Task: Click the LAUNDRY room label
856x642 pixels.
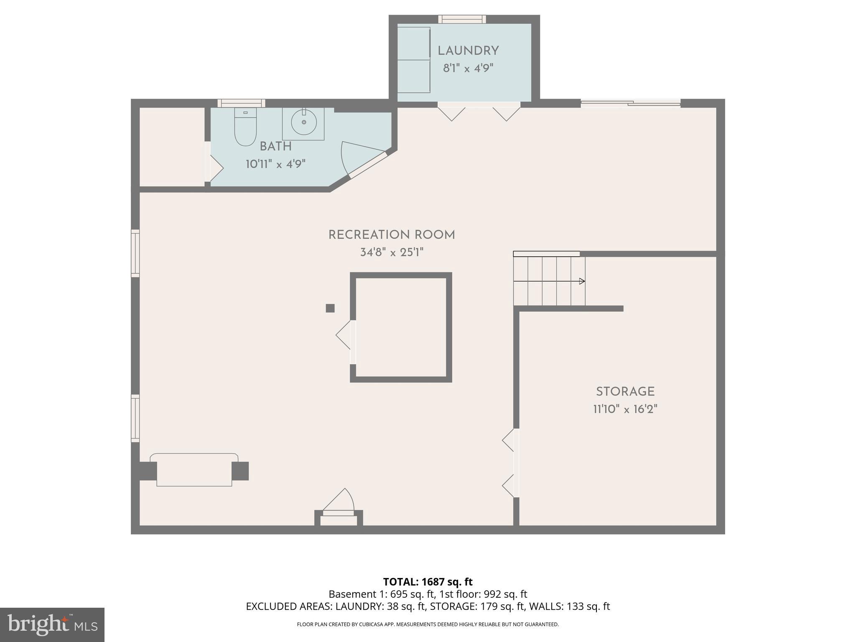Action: (468, 51)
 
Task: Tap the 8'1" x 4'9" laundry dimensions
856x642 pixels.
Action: (468, 68)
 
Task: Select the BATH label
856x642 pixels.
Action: (275, 146)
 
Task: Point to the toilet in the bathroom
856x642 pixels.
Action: (245, 127)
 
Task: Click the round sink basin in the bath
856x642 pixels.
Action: (304, 122)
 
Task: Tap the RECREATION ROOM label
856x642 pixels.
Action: (392, 235)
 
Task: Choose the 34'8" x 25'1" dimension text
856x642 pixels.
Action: (392, 252)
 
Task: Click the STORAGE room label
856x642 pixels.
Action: (625, 392)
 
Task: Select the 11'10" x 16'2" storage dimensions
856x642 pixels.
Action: (625, 409)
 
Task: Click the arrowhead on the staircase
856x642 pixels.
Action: (582, 281)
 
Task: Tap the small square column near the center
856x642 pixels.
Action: (330, 308)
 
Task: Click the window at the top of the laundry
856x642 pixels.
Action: (462, 19)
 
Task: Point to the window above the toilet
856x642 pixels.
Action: (241, 103)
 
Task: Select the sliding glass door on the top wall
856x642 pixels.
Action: (630, 103)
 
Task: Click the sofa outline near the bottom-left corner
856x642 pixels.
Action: (194, 470)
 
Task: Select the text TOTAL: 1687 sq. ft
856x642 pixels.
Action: (428, 582)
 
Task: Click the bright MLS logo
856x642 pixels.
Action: (52, 624)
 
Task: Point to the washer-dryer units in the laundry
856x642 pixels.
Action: (413, 60)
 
